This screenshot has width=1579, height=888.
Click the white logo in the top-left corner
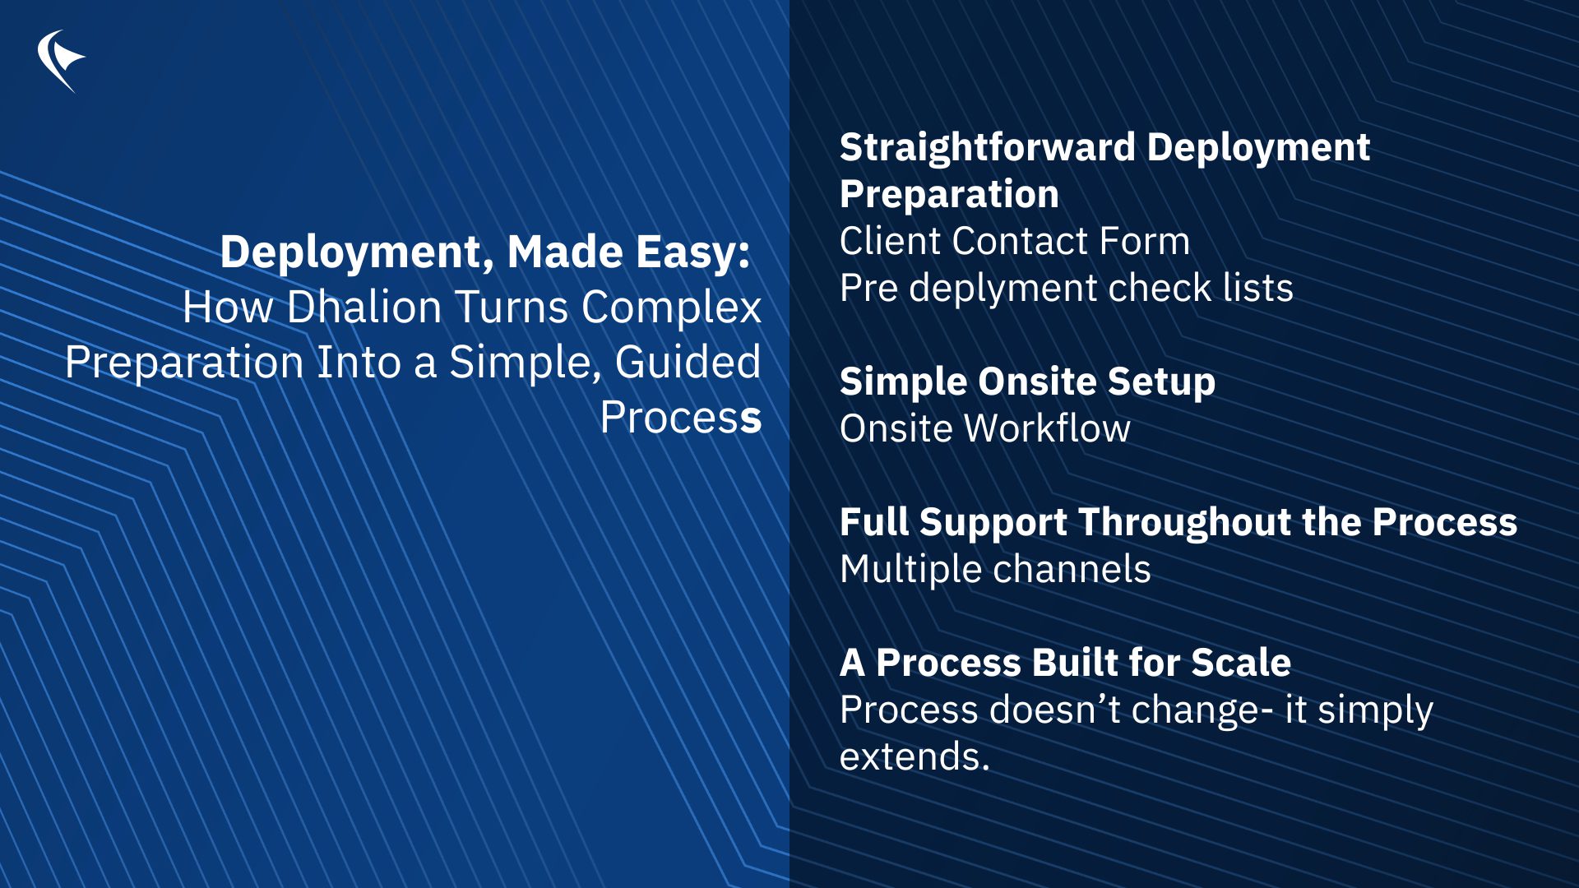[60, 61]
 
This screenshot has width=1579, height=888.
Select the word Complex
[671, 308]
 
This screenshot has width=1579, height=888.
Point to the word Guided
[688, 362]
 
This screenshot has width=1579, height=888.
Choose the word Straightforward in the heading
[988, 148]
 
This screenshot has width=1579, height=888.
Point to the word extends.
[915, 756]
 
